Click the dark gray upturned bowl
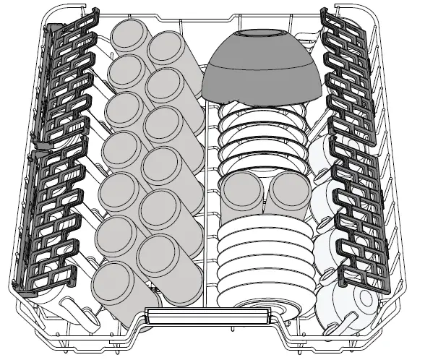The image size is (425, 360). (x=262, y=72)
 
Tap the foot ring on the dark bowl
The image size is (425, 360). (x=262, y=34)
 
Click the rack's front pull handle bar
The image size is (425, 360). (x=210, y=316)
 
